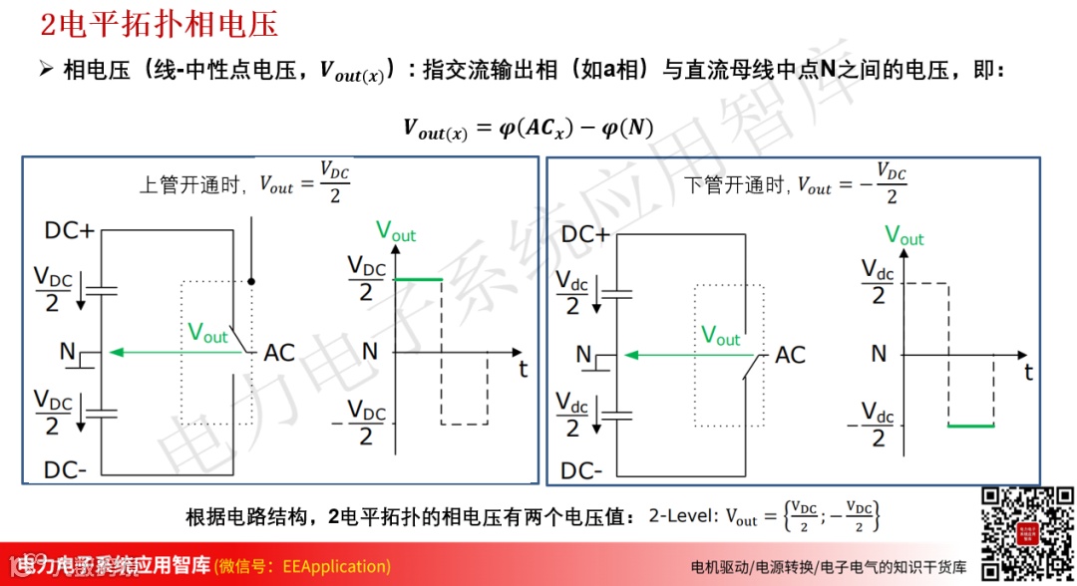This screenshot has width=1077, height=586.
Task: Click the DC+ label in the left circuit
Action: (x=69, y=231)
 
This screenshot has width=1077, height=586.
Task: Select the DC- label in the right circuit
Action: (x=581, y=470)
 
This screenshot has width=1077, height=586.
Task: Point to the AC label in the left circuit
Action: (x=278, y=353)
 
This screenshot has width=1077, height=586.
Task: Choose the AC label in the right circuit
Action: (x=790, y=355)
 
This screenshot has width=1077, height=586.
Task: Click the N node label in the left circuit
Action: (x=67, y=352)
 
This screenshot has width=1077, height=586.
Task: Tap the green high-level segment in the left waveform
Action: (x=418, y=280)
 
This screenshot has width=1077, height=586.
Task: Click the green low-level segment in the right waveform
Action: (x=970, y=426)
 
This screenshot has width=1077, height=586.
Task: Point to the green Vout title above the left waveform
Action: (x=396, y=231)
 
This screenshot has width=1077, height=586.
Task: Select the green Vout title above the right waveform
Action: (x=904, y=236)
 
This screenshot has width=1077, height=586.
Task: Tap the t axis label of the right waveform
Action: (x=1030, y=372)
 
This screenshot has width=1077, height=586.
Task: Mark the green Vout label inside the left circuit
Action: (x=207, y=333)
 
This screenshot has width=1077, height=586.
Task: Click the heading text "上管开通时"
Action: (x=195, y=184)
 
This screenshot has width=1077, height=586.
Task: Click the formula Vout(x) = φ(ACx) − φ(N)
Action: (x=528, y=129)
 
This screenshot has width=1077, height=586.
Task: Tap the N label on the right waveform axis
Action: (x=878, y=354)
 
